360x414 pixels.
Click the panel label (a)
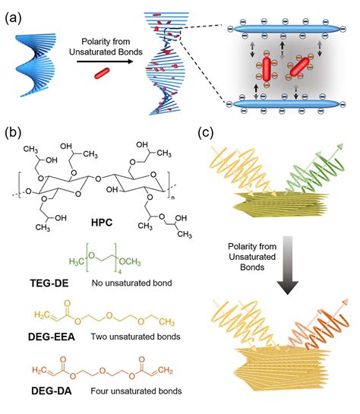point(13,19)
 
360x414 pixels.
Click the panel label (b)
point(13,133)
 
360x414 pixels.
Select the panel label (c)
point(205,133)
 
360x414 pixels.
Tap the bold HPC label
point(102,223)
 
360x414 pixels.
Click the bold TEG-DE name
point(49,283)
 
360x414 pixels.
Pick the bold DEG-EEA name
point(52,337)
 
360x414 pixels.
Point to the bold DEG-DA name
point(52,391)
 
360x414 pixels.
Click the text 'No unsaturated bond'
point(131,283)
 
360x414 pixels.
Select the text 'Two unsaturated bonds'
point(136,337)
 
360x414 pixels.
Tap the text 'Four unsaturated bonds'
point(136,390)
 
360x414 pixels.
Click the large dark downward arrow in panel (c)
point(288,265)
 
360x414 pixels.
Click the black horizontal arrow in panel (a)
point(105,62)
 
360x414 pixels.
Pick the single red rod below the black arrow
point(102,73)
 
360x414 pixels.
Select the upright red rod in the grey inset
point(267,69)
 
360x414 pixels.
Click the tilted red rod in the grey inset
point(299,67)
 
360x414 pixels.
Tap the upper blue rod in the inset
point(286,29)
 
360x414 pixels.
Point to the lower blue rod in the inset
point(286,104)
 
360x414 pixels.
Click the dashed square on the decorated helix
point(173,34)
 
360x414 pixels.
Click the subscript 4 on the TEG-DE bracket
point(119,272)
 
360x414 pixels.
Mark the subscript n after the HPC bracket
point(173,198)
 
